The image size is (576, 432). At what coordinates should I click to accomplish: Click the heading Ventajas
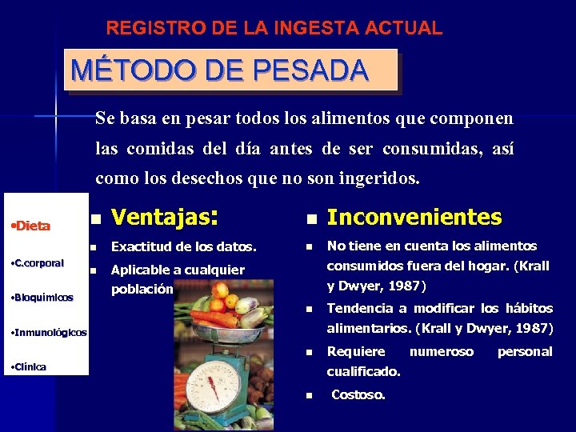[163, 217]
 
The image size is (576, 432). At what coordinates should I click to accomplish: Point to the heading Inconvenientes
[414, 217]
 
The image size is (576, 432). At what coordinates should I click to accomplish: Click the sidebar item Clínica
[29, 366]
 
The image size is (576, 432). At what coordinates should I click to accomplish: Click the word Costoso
[358, 394]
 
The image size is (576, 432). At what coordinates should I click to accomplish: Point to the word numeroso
[441, 351]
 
